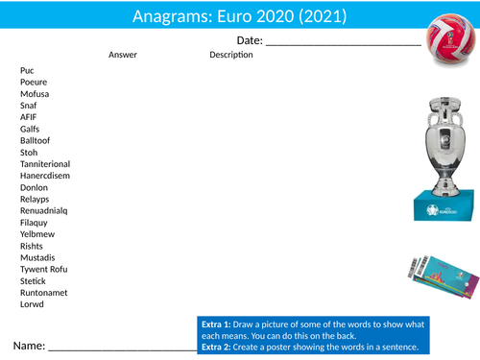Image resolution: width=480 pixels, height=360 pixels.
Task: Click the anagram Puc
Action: pyautogui.click(x=26, y=71)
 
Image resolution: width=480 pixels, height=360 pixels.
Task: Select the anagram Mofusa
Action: pyautogui.click(x=35, y=94)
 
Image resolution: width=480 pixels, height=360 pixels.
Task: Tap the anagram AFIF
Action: pyautogui.click(x=28, y=117)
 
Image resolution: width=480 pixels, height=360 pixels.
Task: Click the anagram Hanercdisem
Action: pyautogui.click(x=45, y=176)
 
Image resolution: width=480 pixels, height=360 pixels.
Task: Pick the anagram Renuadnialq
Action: pyautogui.click(x=43, y=210)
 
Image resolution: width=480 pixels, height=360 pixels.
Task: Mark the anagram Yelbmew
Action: pyautogui.click(x=37, y=234)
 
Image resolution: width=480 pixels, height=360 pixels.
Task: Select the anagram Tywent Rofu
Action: pyautogui.click(x=43, y=269)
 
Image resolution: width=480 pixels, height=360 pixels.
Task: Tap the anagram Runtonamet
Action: pyautogui.click(x=43, y=292)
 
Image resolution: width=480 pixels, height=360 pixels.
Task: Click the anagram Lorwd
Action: pyautogui.click(x=32, y=304)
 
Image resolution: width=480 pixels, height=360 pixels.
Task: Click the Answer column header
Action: pyautogui.click(x=123, y=55)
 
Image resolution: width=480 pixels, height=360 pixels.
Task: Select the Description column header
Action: pyautogui.click(x=231, y=55)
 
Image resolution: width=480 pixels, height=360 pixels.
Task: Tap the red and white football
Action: pyautogui.click(x=445, y=45)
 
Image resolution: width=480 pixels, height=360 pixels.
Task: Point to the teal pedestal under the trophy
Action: pyautogui.click(x=444, y=205)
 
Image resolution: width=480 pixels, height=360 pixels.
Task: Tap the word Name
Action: pyautogui.click(x=29, y=345)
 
